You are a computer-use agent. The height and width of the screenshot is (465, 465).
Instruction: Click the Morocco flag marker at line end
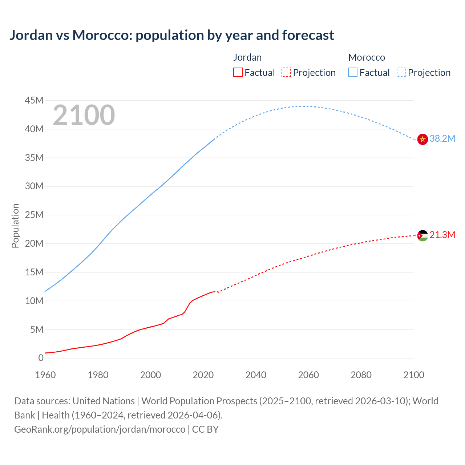pos(422,139)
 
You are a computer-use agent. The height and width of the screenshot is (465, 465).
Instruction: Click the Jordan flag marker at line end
pos(422,236)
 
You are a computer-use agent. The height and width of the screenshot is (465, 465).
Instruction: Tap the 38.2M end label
pos(442,139)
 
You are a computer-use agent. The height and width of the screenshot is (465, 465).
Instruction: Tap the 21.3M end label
pos(442,235)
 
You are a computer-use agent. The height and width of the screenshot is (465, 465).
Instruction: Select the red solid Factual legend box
pos(238,73)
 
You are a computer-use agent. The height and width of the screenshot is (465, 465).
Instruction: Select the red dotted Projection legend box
pos(286,73)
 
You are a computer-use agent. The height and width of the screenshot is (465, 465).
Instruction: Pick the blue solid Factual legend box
pos(353,73)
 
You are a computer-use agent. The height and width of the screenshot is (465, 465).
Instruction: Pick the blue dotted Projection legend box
pos(401,73)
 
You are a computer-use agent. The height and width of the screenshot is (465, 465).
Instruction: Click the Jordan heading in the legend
pos(247,57)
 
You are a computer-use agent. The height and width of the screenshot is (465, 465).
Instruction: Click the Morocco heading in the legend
pos(367,57)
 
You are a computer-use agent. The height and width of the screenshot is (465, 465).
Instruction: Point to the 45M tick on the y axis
pos(34,101)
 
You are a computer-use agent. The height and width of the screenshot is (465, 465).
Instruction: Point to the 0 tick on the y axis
pos(41,358)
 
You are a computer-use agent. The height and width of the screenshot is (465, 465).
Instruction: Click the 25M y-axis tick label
pos(34,215)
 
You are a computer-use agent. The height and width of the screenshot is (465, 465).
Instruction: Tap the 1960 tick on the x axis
pos(45,375)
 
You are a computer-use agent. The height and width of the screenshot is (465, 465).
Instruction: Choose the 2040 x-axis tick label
pos(256,375)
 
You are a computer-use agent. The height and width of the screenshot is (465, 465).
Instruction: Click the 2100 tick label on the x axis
pos(413,375)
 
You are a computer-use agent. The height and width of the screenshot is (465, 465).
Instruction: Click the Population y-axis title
pos(15,226)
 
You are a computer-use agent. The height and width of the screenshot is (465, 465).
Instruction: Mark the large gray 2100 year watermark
pos(84,116)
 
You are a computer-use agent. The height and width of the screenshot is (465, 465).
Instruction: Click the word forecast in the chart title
pos(308,35)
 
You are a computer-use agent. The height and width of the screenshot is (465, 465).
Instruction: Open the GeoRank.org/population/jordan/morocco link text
pos(100,429)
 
